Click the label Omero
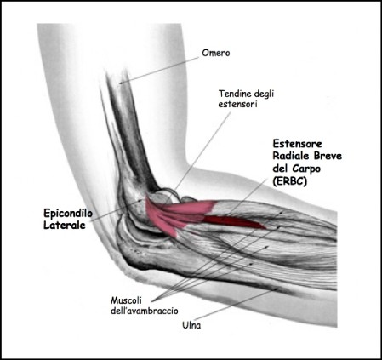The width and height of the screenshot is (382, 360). point(216,53)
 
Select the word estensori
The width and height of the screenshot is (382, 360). point(237,104)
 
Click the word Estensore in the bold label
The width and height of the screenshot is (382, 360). point(298,144)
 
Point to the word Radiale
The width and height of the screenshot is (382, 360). point(291,156)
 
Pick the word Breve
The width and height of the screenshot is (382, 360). point(328,156)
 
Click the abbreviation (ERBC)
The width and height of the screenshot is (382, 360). point(290,181)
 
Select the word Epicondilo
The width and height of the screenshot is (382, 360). point(68,214)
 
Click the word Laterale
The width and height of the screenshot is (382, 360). point(65,226)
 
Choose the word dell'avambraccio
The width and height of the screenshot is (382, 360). point(145,311)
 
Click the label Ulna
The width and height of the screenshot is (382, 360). point(191,325)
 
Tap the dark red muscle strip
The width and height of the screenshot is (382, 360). point(234,222)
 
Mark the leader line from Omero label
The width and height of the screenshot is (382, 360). point(159,70)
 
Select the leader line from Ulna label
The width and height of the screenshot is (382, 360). point(236,304)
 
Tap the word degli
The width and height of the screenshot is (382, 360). point(264,94)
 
